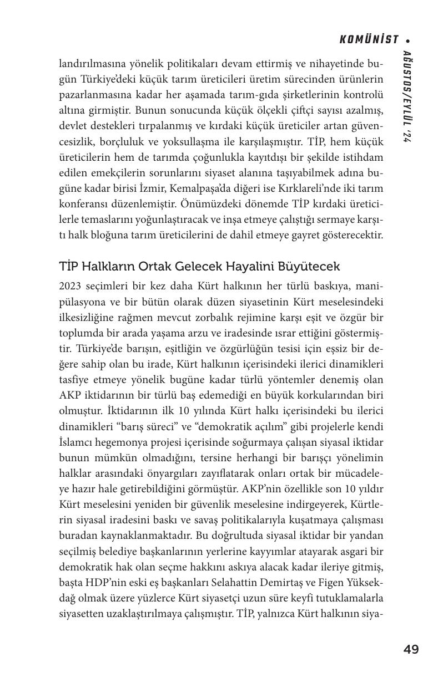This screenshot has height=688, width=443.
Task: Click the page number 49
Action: [411, 649]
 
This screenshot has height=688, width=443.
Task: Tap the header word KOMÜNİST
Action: [369, 40]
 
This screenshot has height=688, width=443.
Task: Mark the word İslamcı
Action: [76, 443]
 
